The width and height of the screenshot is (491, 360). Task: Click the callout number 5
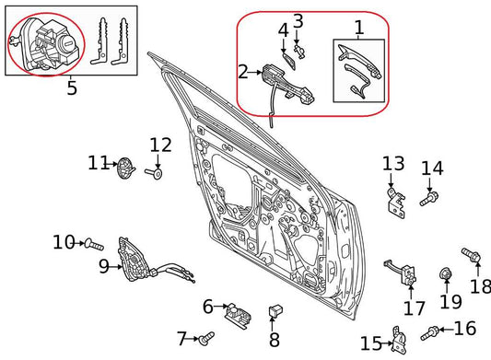72,90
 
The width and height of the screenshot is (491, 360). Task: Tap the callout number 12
160,145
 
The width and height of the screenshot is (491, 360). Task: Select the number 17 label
415,308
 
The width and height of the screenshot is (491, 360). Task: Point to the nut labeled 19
445,274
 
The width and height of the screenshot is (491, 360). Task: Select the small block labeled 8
275,313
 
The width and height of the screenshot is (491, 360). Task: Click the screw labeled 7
207,339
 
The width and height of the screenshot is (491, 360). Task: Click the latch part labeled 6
240,312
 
